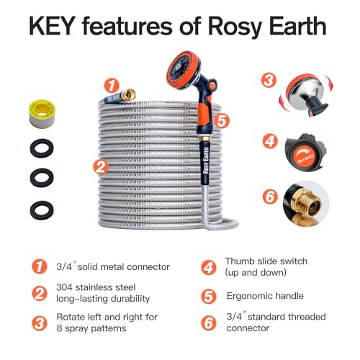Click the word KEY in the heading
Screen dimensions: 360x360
tap(50, 26)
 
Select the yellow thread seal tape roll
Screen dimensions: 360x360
tap(42, 114)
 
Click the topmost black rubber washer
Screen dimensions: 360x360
tap(42, 148)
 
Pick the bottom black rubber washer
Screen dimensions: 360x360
tap(42, 210)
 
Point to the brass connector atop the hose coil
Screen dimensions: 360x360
tap(127, 94)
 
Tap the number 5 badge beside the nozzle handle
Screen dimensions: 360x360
tap(222, 121)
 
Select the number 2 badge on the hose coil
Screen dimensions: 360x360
tap(101, 166)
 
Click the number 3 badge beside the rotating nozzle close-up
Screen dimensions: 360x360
tap(269, 80)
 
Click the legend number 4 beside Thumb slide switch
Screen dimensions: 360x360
tap(209, 267)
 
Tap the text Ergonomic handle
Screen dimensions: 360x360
tap(265, 296)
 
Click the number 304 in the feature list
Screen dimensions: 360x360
tap(65, 287)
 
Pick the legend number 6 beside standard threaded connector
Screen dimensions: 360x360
tap(209, 323)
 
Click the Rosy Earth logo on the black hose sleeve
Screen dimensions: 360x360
tap(206, 161)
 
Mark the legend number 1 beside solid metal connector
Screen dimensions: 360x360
tap(40, 266)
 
